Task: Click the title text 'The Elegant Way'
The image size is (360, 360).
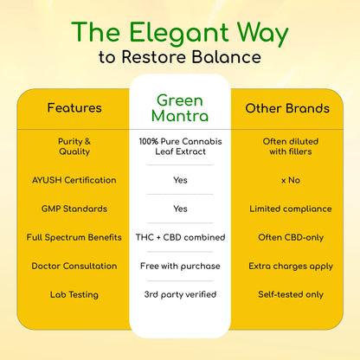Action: (x=180, y=32)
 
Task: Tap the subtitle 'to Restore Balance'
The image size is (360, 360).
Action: (x=180, y=59)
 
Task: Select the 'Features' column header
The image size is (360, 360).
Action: (x=74, y=108)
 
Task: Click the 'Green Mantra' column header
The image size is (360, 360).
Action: (x=180, y=107)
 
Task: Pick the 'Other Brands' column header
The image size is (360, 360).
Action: (x=287, y=108)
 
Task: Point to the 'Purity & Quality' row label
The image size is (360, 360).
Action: (x=74, y=146)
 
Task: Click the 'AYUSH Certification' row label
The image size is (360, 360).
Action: (x=74, y=180)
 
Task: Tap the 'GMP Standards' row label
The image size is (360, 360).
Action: (x=74, y=209)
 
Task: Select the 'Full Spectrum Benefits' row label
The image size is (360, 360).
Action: (x=74, y=237)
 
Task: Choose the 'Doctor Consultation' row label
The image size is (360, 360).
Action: (x=74, y=266)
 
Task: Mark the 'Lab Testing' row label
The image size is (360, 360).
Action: (x=74, y=294)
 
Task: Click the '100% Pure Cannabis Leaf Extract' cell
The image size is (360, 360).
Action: (x=180, y=146)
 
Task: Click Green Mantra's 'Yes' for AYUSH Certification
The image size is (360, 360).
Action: (x=180, y=180)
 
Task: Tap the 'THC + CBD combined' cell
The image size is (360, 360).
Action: (x=180, y=237)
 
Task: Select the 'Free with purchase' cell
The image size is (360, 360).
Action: (x=180, y=266)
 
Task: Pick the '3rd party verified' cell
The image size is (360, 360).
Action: (x=180, y=294)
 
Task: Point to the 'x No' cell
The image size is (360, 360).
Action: (x=287, y=180)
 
